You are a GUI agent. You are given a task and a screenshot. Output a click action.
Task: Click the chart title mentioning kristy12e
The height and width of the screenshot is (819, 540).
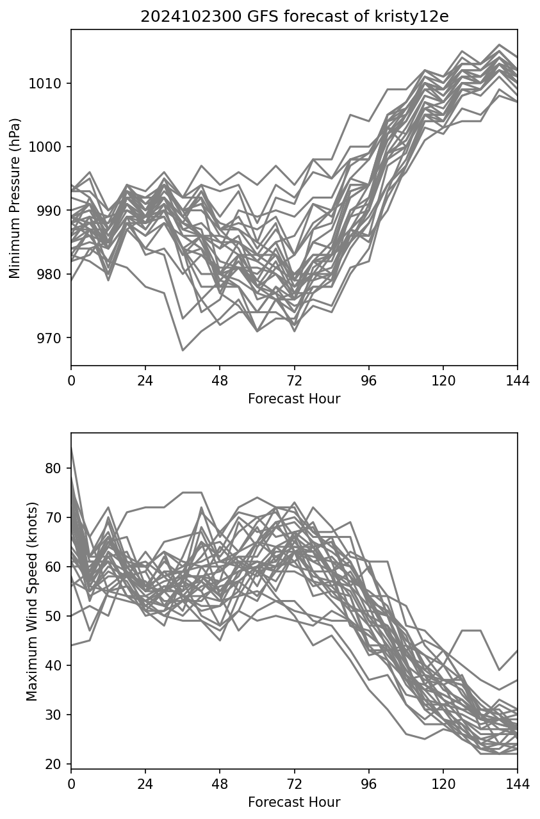(x=294, y=17)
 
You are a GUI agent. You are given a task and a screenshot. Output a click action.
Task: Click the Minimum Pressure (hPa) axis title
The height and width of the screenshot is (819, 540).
(x=15, y=198)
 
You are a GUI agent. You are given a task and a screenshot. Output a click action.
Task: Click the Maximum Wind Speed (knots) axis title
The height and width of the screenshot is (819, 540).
(x=32, y=601)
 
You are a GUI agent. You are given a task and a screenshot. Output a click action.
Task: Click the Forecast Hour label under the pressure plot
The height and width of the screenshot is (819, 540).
(x=294, y=399)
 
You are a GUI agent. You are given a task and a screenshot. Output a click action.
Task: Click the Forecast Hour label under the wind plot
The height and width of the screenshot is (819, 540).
(x=294, y=802)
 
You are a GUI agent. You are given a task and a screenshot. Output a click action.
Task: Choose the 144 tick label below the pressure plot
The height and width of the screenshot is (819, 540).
(x=518, y=380)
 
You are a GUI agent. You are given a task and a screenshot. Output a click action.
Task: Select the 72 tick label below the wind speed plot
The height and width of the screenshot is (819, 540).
(x=294, y=784)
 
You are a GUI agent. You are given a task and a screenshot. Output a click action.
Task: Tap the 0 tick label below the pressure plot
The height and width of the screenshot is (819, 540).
(x=71, y=380)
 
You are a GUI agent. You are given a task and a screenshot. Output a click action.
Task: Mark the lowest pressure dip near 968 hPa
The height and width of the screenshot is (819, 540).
(x=183, y=350)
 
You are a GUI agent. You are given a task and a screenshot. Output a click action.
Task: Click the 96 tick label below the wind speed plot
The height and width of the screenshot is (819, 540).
(x=369, y=784)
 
